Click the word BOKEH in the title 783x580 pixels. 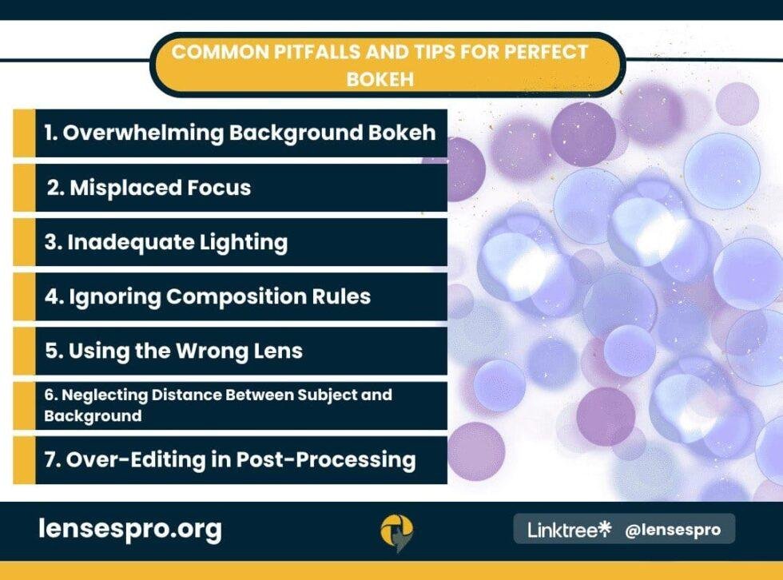point(388,78)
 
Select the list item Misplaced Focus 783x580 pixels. point(160,188)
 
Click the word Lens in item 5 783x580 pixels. point(280,351)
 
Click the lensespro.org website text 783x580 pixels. point(130,528)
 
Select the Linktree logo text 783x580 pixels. point(569,529)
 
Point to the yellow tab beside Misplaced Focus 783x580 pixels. point(24,188)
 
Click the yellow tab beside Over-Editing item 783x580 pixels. point(24,459)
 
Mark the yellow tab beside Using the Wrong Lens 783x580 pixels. point(24,351)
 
